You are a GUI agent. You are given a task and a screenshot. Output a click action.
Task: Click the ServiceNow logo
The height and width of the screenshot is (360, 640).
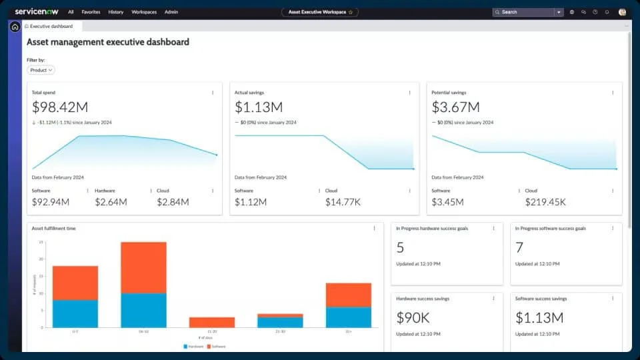point(37,12)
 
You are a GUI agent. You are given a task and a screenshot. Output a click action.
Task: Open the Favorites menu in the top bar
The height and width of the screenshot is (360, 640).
point(91,12)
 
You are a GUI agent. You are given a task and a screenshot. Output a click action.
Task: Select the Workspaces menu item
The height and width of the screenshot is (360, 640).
point(144,12)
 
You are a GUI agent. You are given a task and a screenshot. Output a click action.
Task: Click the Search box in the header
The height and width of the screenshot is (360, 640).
point(523,12)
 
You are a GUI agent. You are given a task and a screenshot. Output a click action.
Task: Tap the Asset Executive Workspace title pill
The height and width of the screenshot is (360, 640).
point(319,12)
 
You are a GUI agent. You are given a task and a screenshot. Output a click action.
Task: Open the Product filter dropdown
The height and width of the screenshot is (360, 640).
point(41,70)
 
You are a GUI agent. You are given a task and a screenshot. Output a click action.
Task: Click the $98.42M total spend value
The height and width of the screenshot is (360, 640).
point(60,107)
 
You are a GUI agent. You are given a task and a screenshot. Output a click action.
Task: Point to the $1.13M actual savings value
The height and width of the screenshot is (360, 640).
point(259,107)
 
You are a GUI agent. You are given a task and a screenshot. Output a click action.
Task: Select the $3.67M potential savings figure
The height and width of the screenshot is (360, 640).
point(456,107)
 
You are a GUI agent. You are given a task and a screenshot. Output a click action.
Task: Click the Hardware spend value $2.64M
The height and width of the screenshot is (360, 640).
point(111,202)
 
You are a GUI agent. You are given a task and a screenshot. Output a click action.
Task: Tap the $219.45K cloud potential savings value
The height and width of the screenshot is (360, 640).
point(545,202)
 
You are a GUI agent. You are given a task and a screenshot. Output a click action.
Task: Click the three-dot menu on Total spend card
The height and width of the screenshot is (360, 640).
point(213,93)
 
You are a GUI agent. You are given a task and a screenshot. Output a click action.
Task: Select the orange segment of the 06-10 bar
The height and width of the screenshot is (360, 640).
point(143,267)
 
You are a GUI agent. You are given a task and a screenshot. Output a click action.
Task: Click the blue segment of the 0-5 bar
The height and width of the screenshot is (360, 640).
point(75,313)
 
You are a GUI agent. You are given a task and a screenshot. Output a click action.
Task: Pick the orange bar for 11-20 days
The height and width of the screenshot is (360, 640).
point(212,322)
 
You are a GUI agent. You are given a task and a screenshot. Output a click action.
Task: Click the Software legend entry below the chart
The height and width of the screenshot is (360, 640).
point(217,347)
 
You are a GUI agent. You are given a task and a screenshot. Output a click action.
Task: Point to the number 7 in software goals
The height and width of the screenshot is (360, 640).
point(519,248)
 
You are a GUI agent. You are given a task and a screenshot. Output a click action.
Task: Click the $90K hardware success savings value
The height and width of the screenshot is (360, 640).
point(413,317)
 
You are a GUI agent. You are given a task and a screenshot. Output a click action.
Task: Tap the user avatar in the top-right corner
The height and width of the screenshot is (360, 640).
point(622,12)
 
